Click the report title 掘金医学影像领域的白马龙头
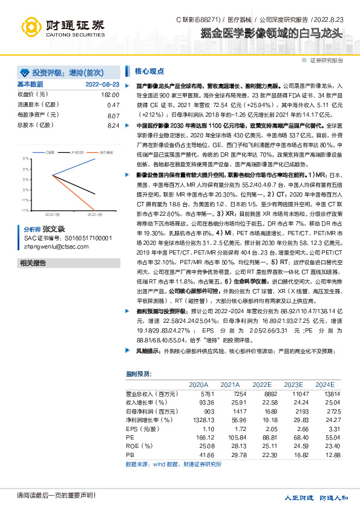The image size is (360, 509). click(x=272, y=33)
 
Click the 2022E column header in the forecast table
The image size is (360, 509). click(x=262, y=384)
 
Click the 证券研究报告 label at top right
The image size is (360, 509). click(x=327, y=60)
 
